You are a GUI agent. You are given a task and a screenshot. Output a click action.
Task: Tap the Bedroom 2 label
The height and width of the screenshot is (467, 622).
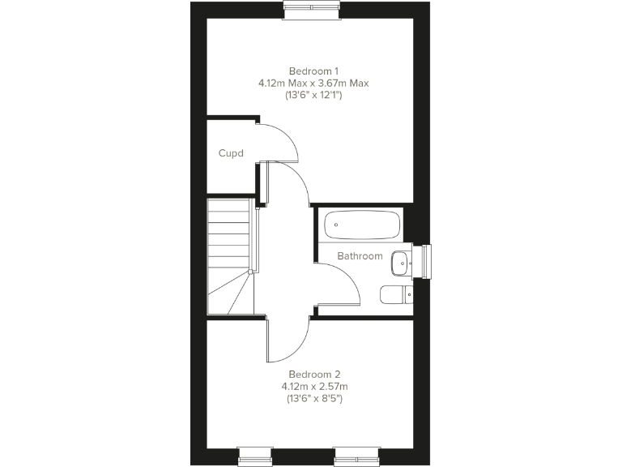tap(315, 375)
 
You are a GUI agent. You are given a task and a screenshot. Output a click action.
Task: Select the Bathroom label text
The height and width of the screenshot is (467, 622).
tap(360, 256)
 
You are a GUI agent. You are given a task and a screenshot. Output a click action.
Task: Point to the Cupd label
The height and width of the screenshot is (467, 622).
tap(231, 153)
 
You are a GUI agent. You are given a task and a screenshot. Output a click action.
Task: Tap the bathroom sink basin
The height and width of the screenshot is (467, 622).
tap(400, 263)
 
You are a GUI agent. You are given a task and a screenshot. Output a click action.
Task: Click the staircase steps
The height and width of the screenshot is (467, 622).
tap(228, 243)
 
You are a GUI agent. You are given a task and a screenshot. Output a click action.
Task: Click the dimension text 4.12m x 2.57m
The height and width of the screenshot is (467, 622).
tap(315, 387)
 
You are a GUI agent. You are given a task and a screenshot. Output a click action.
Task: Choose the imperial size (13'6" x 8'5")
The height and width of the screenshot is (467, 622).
tap(315, 399)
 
